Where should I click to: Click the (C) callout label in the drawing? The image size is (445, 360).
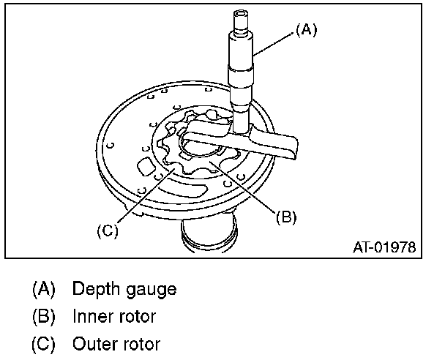click(107, 230)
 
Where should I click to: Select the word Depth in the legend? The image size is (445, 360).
click(91, 289)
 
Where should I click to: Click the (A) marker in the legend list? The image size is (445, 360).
click(44, 289)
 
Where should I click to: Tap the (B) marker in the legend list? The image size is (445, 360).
click(44, 316)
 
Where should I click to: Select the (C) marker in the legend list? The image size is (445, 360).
click(44, 343)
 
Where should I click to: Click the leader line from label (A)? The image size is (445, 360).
click(274, 41)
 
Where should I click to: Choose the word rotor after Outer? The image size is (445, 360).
click(141, 343)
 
